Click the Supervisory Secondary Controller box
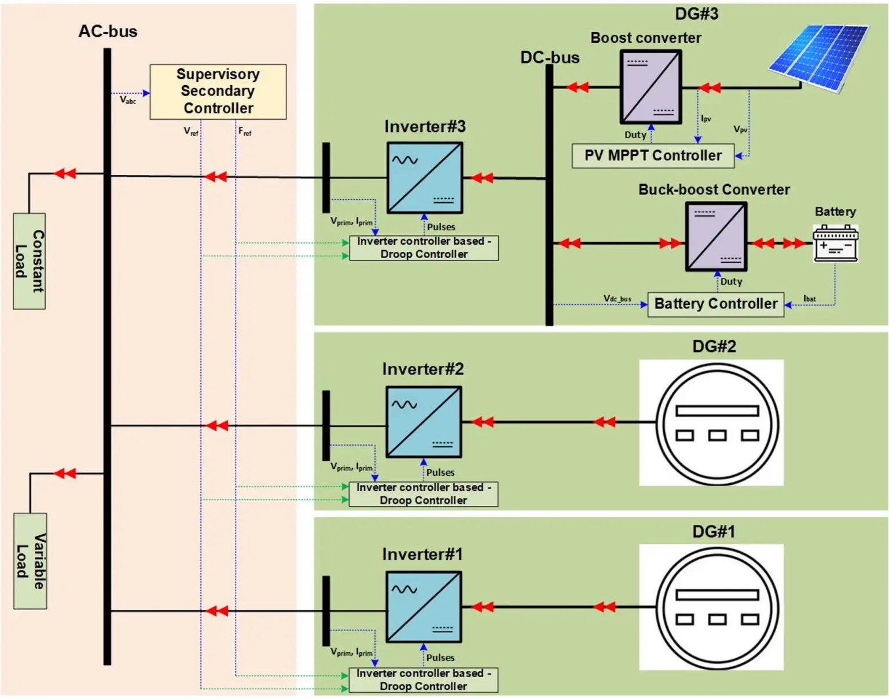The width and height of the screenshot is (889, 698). click(218, 91)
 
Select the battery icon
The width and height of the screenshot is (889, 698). click(835, 244)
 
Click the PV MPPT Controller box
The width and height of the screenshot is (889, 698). click(653, 156)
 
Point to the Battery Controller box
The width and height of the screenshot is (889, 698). click(715, 304)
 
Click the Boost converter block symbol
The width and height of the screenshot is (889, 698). click(651, 87)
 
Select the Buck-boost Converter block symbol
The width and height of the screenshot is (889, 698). click(716, 237)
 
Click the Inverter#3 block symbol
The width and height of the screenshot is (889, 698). click(424, 178)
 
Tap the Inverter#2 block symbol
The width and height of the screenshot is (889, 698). click(424, 422)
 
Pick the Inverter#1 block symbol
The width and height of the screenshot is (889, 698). click(424, 607)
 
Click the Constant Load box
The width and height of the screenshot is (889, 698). click(30, 261)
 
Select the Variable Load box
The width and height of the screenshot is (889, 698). click(30, 560)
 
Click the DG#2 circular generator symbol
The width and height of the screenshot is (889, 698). click(717, 424)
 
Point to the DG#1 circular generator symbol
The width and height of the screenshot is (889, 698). click(717, 608)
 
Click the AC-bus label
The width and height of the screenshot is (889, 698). click(108, 31)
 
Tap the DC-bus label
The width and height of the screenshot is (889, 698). click(549, 58)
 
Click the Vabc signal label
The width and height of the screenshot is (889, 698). click(128, 100)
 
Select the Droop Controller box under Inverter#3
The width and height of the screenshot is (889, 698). click(424, 248)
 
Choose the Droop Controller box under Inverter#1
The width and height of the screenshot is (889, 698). click(423, 680)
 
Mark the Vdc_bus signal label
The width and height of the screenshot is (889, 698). click(617, 299)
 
